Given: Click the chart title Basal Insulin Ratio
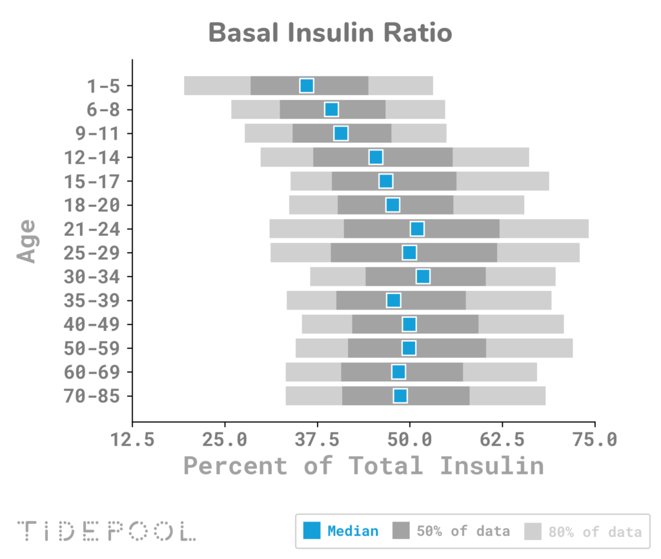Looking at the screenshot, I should coord(330,32).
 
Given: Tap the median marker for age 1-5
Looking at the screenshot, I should coord(307,86).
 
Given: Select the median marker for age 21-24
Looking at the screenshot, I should coord(417,229).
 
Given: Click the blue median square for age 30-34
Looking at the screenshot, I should coord(423,277).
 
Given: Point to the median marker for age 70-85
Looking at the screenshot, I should coord(400,396).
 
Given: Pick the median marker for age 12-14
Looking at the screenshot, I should coord(376,157).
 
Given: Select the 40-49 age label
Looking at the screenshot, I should coord(92,324).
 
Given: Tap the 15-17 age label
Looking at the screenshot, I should coord(92,182).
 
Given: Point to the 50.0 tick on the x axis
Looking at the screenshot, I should coord(409,440).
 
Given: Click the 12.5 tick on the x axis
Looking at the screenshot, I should coord(132,440).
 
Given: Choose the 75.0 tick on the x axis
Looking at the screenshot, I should coord(594,440).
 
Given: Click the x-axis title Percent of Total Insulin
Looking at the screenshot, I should coord(363,465).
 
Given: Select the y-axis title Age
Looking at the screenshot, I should coord(26,240).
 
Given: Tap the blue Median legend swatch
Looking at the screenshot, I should coord(312,531).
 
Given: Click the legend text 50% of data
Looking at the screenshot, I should coord(463,531).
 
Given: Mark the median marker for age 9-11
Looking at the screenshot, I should coord(341,133).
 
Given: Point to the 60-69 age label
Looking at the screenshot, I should coord(92,372).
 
